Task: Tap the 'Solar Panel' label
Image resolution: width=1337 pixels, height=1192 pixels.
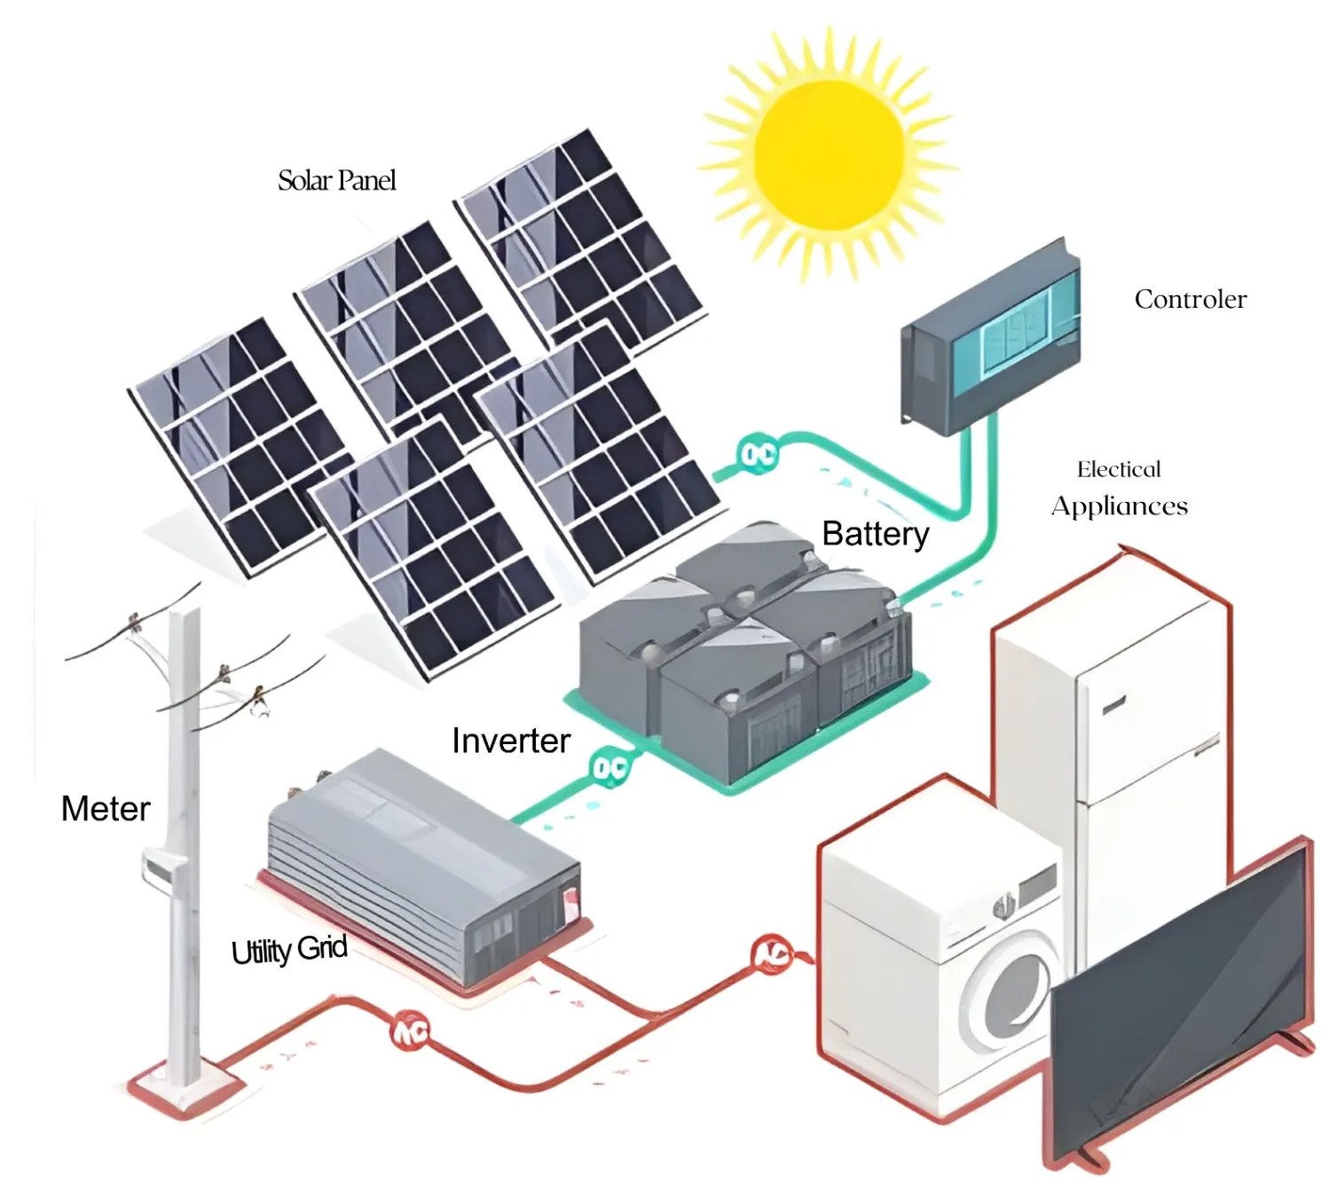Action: (x=336, y=181)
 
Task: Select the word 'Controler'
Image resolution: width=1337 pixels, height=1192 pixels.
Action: (x=1190, y=300)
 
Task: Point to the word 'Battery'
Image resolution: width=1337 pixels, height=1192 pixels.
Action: (x=875, y=534)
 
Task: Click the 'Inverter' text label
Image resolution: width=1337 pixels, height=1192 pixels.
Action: (x=510, y=741)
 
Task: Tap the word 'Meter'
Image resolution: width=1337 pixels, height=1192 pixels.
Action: (x=106, y=809)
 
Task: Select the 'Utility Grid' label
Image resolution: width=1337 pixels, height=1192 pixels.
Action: (x=289, y=950)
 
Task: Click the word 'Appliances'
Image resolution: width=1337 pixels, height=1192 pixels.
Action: (x=1119, y=506)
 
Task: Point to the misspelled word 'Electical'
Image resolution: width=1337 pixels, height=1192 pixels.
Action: (x=1119, y=469)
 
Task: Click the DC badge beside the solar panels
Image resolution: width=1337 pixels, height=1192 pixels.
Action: (x=758, y=455)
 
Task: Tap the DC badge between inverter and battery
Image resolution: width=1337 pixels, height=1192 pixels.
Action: (x=610, y=768)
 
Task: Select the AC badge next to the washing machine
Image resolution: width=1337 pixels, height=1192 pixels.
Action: (x=772, y=954)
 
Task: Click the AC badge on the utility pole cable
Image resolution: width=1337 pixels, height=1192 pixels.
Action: (x=411, y=1031)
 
